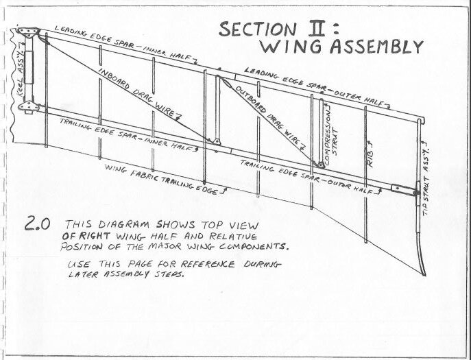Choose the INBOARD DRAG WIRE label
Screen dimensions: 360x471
point(143,95)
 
